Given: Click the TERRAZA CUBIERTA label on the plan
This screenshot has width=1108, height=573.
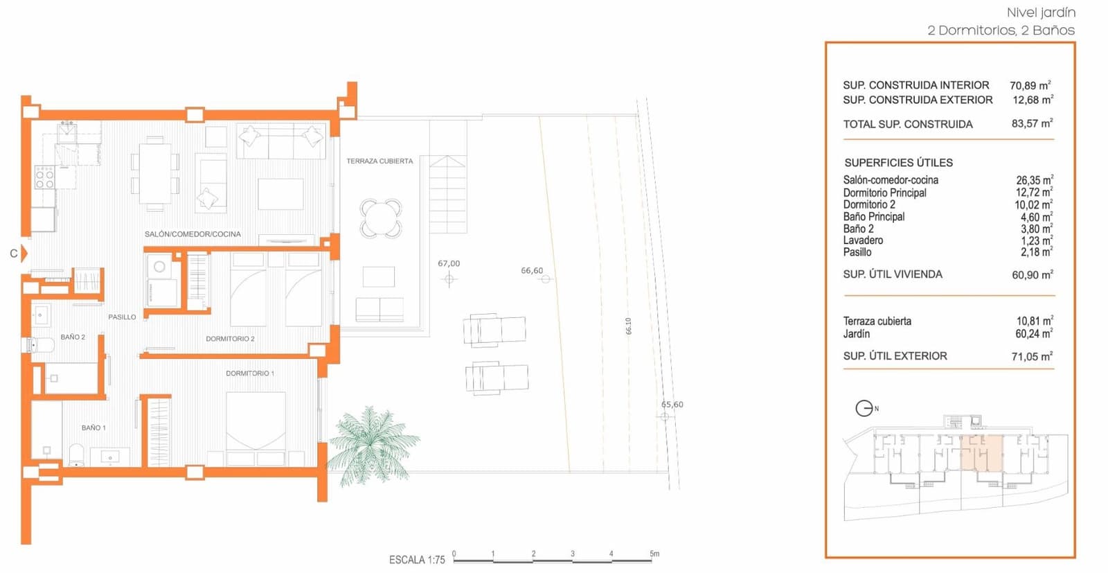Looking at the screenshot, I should [x=379, y=161].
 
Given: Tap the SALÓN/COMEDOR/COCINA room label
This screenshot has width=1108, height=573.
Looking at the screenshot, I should [x=193, y=234].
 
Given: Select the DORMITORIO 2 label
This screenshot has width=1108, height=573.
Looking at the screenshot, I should [x=230, y=339].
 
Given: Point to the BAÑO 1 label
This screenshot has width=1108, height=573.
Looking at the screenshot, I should [x=93, y=428].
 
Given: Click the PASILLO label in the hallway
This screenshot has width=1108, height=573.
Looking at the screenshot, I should [x=122, y=317].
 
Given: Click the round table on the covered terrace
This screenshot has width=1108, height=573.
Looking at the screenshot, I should [x=381, y=218].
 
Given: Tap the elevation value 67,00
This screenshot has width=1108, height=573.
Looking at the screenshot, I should [x=449, y=264].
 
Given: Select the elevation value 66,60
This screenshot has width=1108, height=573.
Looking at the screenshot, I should [x=532, y=271].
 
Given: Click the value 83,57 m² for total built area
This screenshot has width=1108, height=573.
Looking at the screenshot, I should [x=1032, y=123].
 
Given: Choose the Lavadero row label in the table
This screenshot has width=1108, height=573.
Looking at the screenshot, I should [x=863, y=240].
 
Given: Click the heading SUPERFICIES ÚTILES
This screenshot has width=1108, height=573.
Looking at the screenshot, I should [x=898, y=163].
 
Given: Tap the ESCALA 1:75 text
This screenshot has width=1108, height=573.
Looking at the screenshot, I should [x=417, y=560].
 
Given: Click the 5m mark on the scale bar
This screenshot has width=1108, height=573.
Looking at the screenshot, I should [x=654, y=554].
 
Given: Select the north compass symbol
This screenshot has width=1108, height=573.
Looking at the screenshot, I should [x=864, y=408].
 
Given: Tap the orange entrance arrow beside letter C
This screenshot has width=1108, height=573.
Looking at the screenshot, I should [x=24, y=254].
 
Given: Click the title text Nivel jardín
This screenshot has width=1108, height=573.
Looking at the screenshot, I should [x=1040, y=12].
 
